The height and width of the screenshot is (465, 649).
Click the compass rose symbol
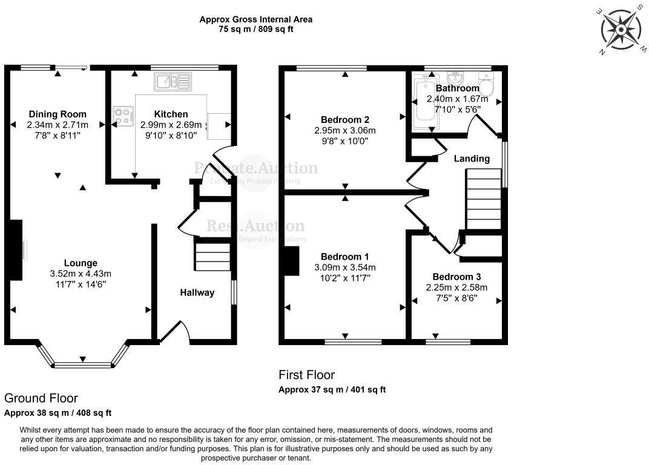[621, 29]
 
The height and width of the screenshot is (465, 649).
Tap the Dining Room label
[58, 114]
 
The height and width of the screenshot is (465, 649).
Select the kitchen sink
[173, 82]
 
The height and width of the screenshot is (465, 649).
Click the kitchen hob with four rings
[124, 116]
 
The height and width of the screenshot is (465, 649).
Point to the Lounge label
[81, 263]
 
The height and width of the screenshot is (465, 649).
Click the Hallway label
[197, 292]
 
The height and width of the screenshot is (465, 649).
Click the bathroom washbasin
[456, 79]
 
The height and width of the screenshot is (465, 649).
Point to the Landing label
[472, 159]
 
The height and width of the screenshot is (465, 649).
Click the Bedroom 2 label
[345, 119]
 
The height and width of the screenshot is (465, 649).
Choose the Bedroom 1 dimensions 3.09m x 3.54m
[345, 267]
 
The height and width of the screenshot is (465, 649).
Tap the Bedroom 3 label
[457, 277]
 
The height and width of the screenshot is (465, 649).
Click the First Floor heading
[306, 375]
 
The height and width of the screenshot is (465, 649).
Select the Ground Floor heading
[41, 398]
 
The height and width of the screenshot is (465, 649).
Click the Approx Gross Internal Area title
[256, 19]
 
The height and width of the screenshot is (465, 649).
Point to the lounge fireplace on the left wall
[17, 249]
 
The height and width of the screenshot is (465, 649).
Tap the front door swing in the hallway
[174, 331]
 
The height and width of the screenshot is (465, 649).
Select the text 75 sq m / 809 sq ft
[256, 29]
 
